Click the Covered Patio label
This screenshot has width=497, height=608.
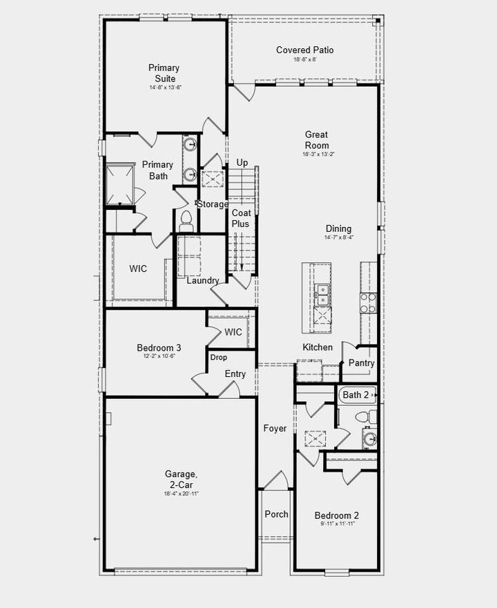pos(304,50)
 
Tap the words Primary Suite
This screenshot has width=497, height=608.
pos(164,73)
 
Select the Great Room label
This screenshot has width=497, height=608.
pos(317,140)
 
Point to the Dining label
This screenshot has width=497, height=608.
pos(338,228)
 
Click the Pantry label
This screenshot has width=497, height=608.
pos(361,363)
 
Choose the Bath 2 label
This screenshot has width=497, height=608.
pos(356,395)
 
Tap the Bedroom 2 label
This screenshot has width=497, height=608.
pos(337,516)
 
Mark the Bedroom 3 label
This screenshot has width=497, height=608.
pos(159,348)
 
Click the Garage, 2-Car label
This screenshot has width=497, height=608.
pos(181,478)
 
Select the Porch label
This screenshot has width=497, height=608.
pos(277,514)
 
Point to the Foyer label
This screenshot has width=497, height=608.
pos(275,429)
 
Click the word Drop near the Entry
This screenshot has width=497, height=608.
pos(218,357)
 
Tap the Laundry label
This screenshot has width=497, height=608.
pos(203,280)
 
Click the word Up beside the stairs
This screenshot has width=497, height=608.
pos(242,162)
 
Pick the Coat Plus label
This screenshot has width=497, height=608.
pos(241,219)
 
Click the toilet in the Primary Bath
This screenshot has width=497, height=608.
pos(185,220)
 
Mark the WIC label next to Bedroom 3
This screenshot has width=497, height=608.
pos(233,332)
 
